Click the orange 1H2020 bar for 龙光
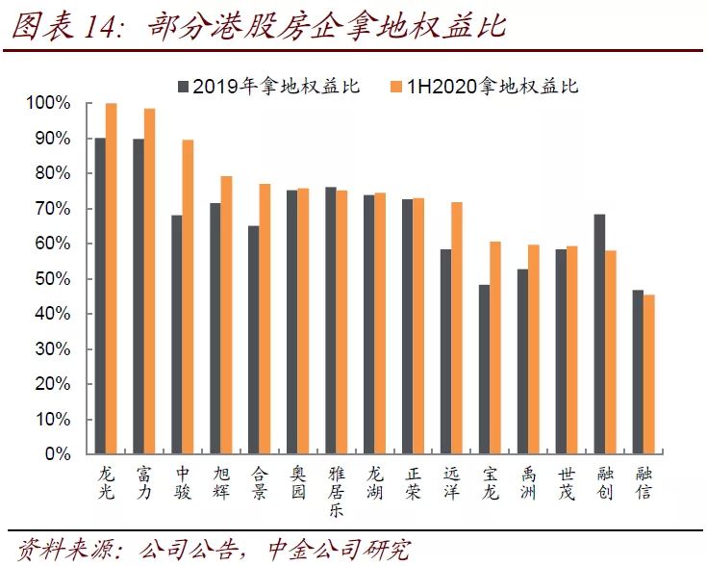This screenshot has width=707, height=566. point(112,278)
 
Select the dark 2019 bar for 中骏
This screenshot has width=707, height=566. point(177,334)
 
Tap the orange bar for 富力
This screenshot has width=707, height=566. point(150,281)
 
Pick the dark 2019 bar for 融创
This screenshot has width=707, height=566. point(599,334)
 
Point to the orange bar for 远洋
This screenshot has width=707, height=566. point(457,327)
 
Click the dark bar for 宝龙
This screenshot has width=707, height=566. point(484,370)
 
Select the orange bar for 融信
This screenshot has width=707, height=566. point(649,374)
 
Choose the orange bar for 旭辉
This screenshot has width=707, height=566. point(226,315)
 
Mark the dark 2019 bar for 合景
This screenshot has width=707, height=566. point(254,340)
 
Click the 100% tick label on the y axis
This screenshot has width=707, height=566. point(48,103)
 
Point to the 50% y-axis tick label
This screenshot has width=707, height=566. point(53,278)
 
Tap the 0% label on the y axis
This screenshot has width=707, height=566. point(58,453)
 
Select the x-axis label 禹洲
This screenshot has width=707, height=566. point(528,483)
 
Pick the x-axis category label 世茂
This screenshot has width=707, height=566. point(567,483)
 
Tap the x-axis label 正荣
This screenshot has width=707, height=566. point(413,483)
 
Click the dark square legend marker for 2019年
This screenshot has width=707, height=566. point(184,87)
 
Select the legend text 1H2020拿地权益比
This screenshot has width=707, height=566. point(492,86)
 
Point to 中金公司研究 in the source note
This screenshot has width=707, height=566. point(339,550)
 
